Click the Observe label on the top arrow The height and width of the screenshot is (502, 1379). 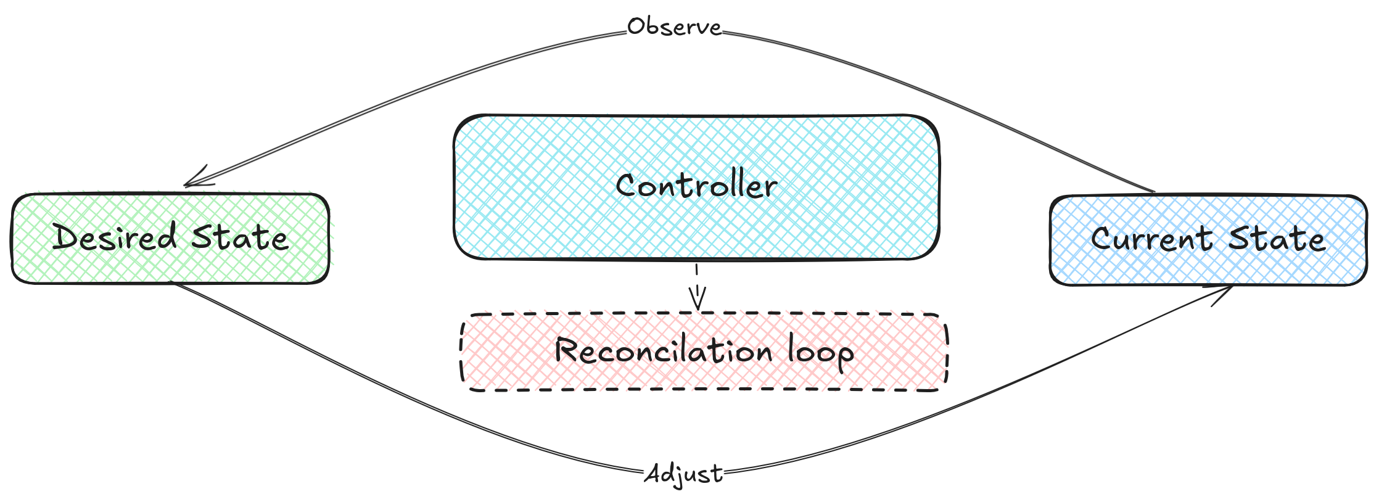[674, 28]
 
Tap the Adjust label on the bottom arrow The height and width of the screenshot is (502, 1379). [683, 474]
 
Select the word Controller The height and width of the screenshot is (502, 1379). [696, 186]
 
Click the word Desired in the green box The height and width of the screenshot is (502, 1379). [115, 237]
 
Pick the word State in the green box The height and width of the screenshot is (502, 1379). [240, 237]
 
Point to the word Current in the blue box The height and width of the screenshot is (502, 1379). [1151, 239]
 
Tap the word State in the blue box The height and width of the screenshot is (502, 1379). [1277, 239]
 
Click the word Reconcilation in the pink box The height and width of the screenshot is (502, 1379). [663, 351]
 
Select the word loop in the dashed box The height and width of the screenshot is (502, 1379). [821, 353]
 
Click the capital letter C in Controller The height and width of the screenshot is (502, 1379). [627, 186]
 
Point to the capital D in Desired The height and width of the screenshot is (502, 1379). [64, 237]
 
